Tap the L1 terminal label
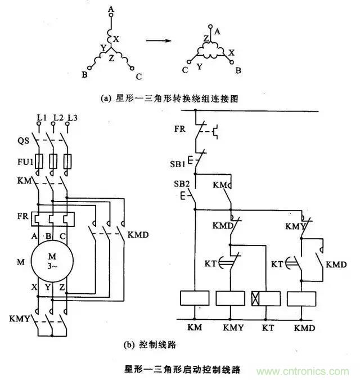click(40, 117)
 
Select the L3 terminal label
click(71, 117)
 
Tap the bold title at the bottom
click(182, 370)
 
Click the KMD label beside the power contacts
click(138, 234)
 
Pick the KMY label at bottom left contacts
click(20, 319)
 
